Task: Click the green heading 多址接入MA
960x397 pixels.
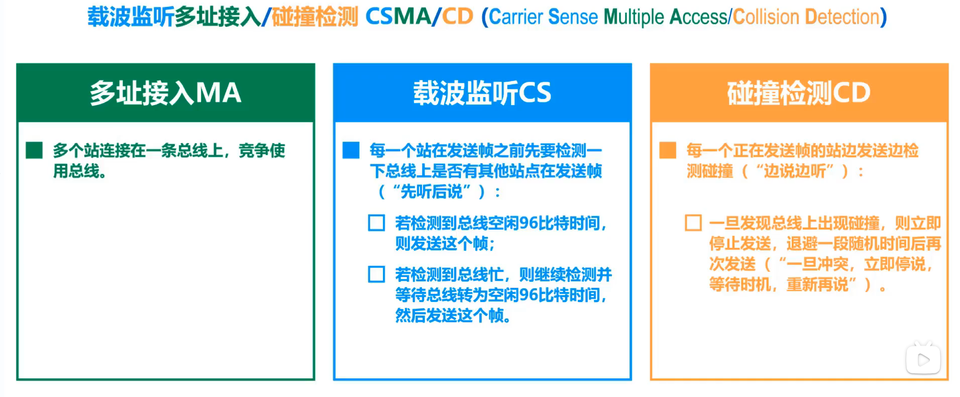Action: click(166, 93)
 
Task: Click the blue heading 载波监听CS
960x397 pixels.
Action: click(482, 93)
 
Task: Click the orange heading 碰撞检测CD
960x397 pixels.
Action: click(799, 93)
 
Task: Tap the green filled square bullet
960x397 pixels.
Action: click(34, 150)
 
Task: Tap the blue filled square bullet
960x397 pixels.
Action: click(351, 150)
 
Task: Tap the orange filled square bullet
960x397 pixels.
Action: click(668, 150)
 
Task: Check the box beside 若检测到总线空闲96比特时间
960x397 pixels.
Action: click(376, 223)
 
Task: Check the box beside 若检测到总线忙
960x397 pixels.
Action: click(376, 274)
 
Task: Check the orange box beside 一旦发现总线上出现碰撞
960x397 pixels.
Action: click(693, 223)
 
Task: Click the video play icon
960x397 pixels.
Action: click(923, 359)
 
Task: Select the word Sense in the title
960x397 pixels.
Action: click(573, 17)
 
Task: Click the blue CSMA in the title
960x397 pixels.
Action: click(398, 17)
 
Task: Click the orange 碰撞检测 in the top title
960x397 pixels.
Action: click(315, 17)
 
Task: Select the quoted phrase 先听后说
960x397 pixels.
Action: click(431, 191)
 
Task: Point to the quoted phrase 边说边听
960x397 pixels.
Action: click(794, 171)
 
